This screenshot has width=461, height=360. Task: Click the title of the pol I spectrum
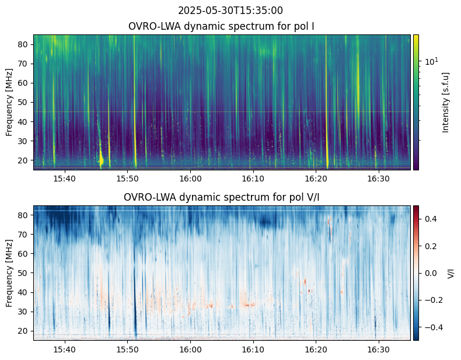click(x=222, y=27)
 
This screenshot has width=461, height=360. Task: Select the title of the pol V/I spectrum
click(x=222, y=198)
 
